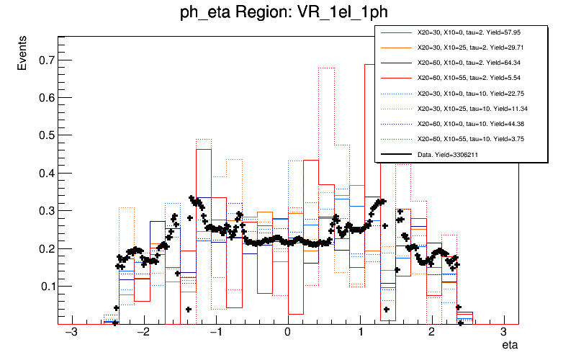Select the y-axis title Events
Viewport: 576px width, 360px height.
(23, 56)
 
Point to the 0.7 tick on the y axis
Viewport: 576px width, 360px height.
(45, 60)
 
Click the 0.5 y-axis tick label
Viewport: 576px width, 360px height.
(45, 135)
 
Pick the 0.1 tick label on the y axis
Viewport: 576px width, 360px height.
(45, 286)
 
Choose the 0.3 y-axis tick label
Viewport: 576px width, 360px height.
(45, 210)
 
